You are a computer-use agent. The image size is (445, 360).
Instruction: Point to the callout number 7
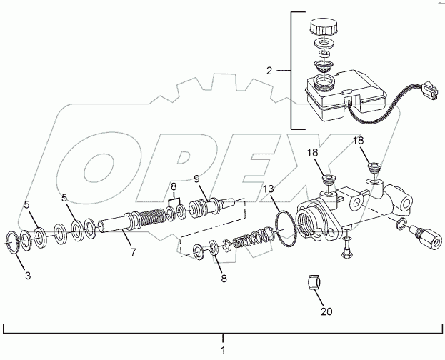click(x=131, y=253)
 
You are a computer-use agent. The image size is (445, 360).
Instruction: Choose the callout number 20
click(x=326, y=311)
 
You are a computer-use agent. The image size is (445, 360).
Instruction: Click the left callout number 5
click(x=28, y=205)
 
